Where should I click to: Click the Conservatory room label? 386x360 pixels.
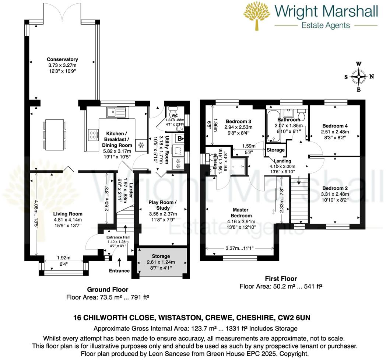(x=62, y=59)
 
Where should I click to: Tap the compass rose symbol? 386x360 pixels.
(x=358, y=77)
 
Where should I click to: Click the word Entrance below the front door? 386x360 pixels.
(x=119, y=271)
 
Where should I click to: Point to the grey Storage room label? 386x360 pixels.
(x=161, y=256)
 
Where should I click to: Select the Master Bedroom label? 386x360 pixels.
(x=242, y=213)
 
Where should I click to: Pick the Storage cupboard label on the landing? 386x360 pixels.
(x=276, y=150)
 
